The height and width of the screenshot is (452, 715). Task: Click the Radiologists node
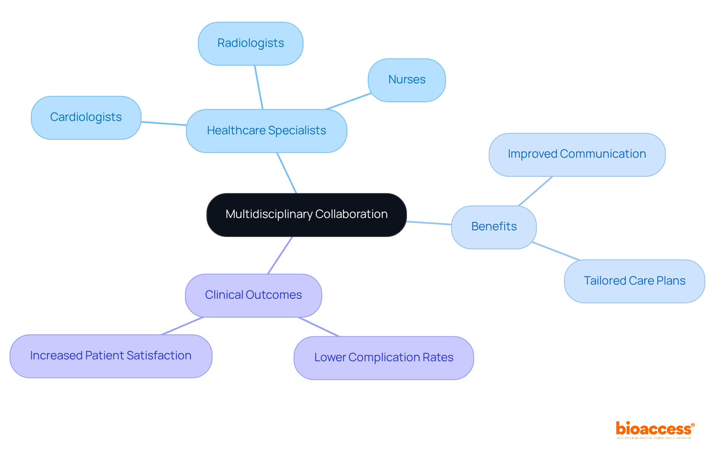(251, 44)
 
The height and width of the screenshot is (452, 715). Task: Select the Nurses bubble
(407, 80)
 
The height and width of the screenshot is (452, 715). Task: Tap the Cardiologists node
(86, 118)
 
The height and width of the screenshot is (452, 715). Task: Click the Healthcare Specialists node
(266, 131)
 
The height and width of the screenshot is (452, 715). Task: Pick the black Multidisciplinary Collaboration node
(306, 215)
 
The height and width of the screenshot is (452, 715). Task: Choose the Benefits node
(494, 227)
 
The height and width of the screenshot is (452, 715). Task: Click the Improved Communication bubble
(577, 154)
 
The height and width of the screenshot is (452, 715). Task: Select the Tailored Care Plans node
(634, 281)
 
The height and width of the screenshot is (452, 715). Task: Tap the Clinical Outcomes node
(253, 295)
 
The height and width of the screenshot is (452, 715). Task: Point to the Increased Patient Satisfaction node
(111, 356)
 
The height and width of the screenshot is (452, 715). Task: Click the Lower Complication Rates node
(384, 358)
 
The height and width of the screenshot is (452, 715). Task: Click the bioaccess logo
(655, 430)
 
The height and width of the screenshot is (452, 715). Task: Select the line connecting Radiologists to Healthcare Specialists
(259, 87)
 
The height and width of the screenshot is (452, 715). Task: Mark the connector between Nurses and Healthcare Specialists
(348, 101)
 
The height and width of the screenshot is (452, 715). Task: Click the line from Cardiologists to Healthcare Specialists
(164, 124)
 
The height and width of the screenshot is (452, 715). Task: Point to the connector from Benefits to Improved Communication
(536, 191)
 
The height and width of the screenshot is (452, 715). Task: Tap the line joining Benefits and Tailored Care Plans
(556, 251)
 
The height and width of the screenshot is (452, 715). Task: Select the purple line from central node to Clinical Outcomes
(280, 255)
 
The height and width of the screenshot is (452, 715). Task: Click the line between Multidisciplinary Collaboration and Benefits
(429, 223)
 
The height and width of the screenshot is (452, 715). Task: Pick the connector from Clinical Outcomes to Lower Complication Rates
(319, 327)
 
